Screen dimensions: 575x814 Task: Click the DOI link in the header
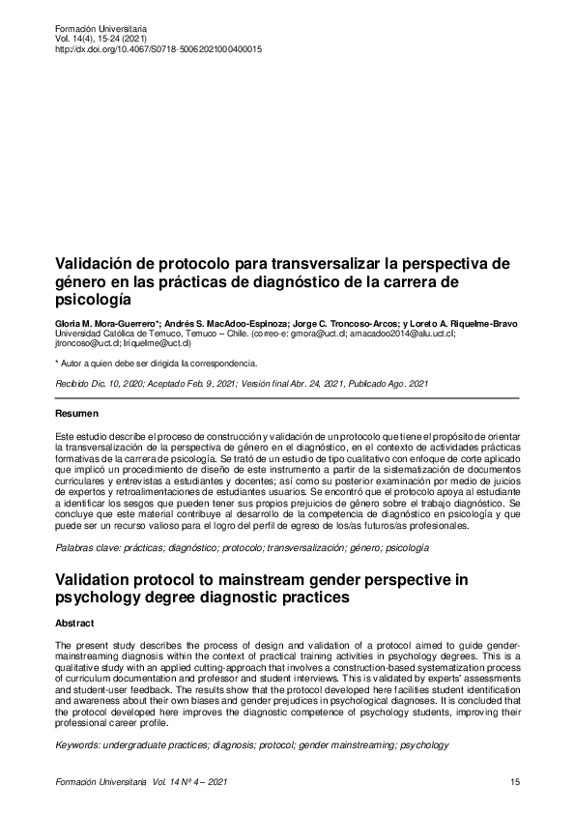point(158,49)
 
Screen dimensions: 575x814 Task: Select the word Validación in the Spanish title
point(97,262)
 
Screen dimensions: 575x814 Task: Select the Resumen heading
point(77,414)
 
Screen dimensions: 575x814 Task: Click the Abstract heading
point(75,624)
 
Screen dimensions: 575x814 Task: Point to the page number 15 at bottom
point(514,781)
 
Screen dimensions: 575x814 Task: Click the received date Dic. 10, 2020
point(120,384)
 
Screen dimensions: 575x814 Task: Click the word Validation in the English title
point(101,579)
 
